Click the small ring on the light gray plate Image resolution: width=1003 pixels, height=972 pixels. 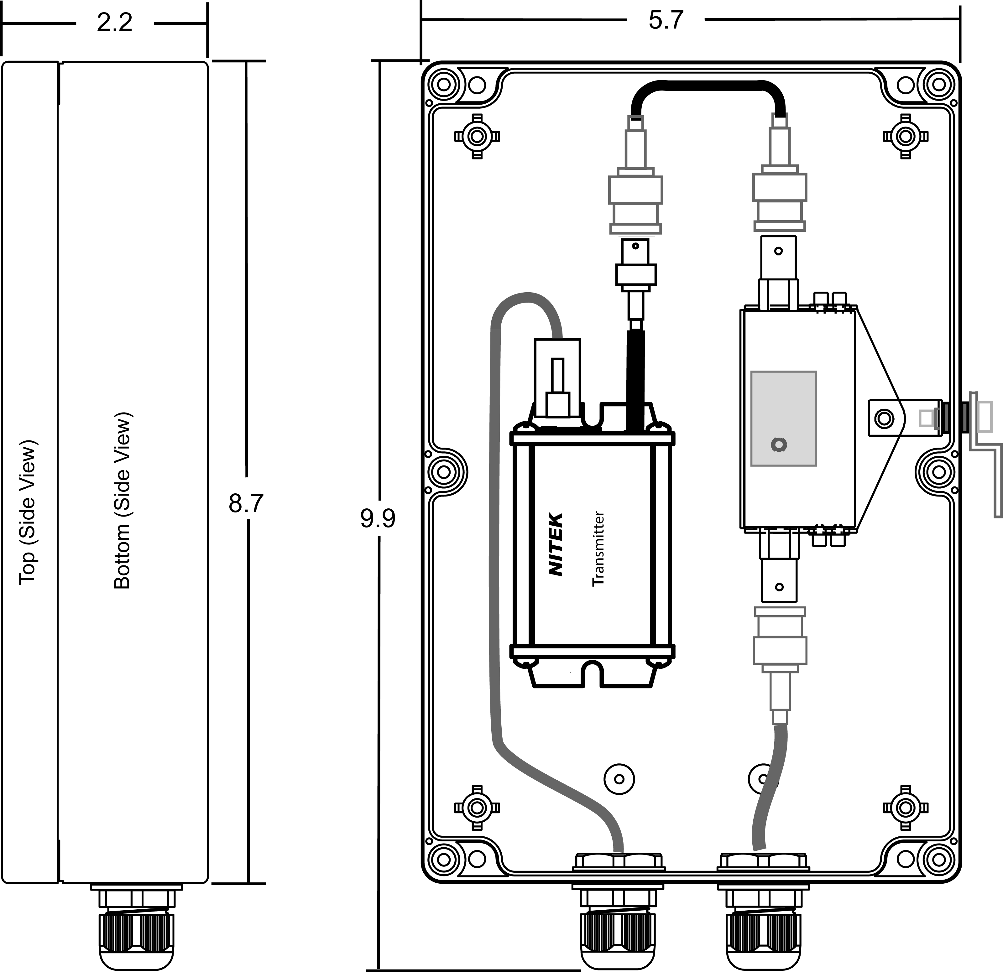[779, 444]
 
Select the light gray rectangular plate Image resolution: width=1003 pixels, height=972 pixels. [783, 404]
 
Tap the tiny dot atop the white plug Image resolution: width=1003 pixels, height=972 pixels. [635, 246]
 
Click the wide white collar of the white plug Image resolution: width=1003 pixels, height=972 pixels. [635, 275]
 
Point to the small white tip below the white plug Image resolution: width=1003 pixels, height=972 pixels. [636, 324]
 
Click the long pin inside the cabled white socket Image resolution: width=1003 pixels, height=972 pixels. [558, 375]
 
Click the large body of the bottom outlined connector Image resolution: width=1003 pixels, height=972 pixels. [780, 650]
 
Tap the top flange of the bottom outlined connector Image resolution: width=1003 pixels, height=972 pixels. [780, 611]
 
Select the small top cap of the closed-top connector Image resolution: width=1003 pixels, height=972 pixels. [635, 123]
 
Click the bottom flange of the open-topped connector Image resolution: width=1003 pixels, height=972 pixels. [779, 226]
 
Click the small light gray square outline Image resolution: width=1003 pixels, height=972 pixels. [926, 418]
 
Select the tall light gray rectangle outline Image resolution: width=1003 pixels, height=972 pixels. [984, 416]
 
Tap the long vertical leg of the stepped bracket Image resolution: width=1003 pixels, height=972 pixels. [998, 483]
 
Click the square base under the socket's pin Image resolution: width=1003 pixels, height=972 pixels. [558, 404]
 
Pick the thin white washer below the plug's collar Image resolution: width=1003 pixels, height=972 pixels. [635, 288]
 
